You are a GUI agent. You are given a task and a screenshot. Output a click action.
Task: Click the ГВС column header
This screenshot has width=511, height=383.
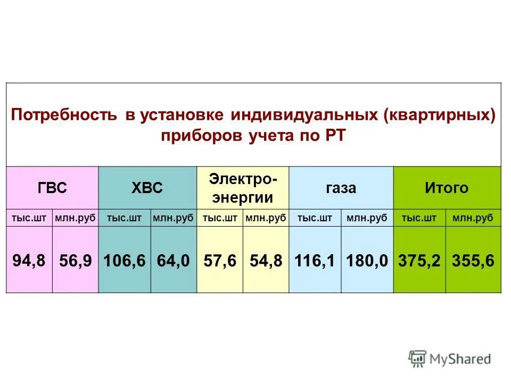52,188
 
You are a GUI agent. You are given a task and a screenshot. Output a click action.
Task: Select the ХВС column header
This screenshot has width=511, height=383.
147,188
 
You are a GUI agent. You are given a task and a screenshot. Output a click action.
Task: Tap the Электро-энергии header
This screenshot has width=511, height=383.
243,188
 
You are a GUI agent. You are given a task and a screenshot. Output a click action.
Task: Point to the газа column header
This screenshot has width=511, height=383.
341,188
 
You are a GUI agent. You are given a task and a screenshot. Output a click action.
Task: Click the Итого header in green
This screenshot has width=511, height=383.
447,188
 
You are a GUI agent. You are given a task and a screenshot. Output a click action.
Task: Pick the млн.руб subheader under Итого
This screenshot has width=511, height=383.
473,218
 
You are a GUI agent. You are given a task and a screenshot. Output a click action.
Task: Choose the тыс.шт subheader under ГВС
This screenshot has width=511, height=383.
29,218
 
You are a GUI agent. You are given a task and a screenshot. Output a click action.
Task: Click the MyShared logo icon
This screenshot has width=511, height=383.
418,358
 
